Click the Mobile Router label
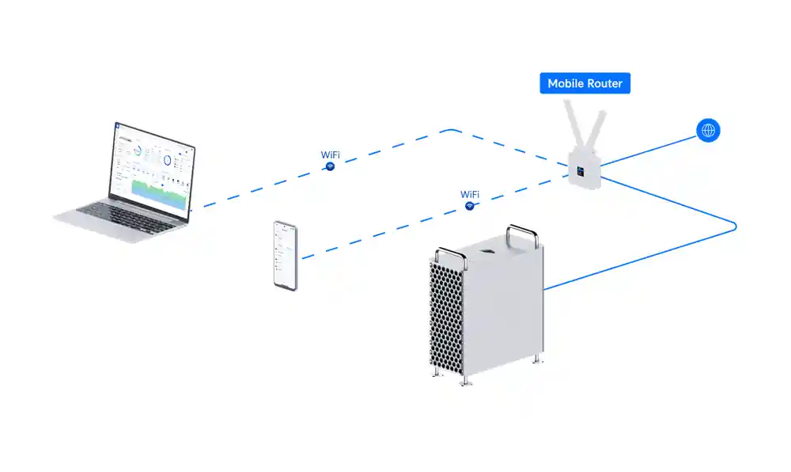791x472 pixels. (585, 83)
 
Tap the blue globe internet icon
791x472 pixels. (708, 131)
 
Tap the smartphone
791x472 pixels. (286, 255)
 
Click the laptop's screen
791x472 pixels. (153, 167)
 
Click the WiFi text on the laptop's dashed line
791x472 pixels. (331, 155)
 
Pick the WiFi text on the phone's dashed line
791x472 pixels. (470, 194)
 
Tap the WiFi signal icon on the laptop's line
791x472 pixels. (331, 166)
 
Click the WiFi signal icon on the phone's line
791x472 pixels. (470, 206)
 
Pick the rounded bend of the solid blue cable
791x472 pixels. (734, 226)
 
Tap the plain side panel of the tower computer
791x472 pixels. (506, 309)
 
